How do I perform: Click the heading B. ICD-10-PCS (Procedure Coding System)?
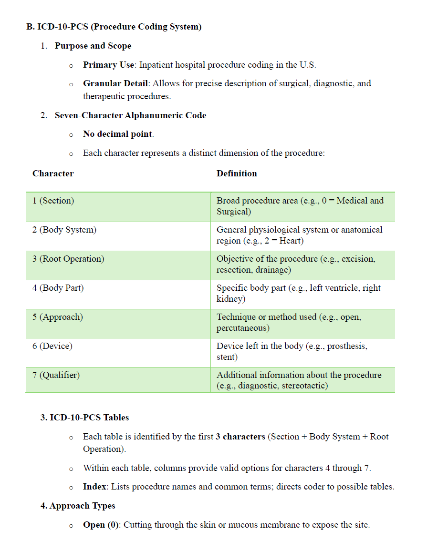point(114,27)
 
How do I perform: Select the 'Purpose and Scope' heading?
point(93,46)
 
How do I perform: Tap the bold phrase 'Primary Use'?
point(108,65)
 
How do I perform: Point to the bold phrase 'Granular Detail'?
point(115,83)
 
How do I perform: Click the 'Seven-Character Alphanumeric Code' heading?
point(130,115)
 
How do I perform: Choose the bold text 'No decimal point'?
point(118,134)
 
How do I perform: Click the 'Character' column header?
point(53,173)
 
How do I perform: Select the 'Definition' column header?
point(237,173)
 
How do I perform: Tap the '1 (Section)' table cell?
point(53,201)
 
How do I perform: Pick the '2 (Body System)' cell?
point(64,230)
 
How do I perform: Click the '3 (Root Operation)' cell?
point(68,259)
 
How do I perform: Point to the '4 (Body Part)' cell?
point(58,288)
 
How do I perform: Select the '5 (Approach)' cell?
point(58,317)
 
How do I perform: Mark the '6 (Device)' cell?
point(52,346)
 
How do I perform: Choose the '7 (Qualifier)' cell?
point(56,375)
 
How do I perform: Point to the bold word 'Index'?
point(94,487)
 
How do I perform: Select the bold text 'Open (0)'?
point(101,525)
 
